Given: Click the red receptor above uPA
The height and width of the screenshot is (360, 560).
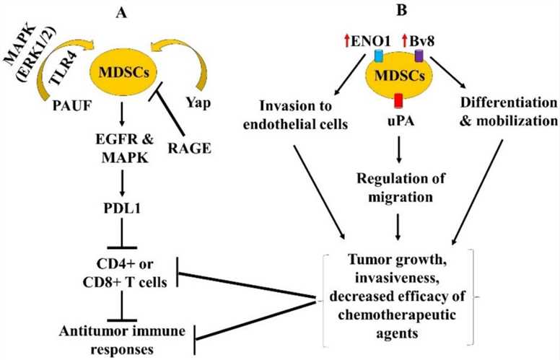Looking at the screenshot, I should [x=395, y=99].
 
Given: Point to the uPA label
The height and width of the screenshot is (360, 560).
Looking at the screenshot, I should [x=395, y=123].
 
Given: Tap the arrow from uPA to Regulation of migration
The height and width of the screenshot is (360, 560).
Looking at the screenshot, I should [x=395, y=155].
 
